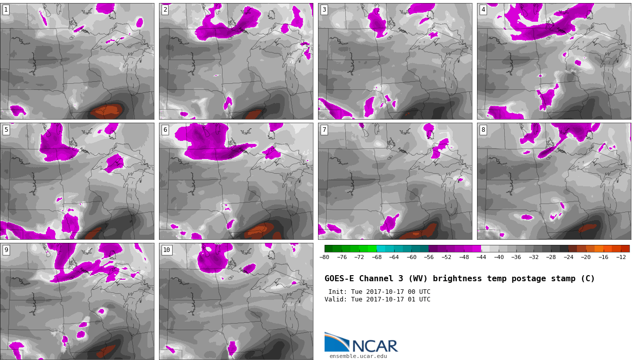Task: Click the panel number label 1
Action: [x=6, y=10]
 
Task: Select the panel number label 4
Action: [x=483, y=10]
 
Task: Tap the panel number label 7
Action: [x=324, y=130]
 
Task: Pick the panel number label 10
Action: [x=167, y=250]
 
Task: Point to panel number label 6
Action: [x=165, y=130]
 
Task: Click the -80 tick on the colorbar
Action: [x=324, y=257]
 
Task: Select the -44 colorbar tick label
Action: [x=481, y=257]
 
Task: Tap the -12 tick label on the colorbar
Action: [x=621, y=257]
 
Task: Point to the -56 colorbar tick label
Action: [x=429, y=257]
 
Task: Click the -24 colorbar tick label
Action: [x=568, y=257]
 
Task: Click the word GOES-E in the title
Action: [x=339, y=279]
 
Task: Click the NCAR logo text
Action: [x=375, y=346]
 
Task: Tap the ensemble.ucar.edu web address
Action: [x=358, y=356]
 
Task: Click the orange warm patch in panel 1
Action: [x=107, y=111]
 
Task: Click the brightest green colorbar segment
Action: [x=372, y=249]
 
